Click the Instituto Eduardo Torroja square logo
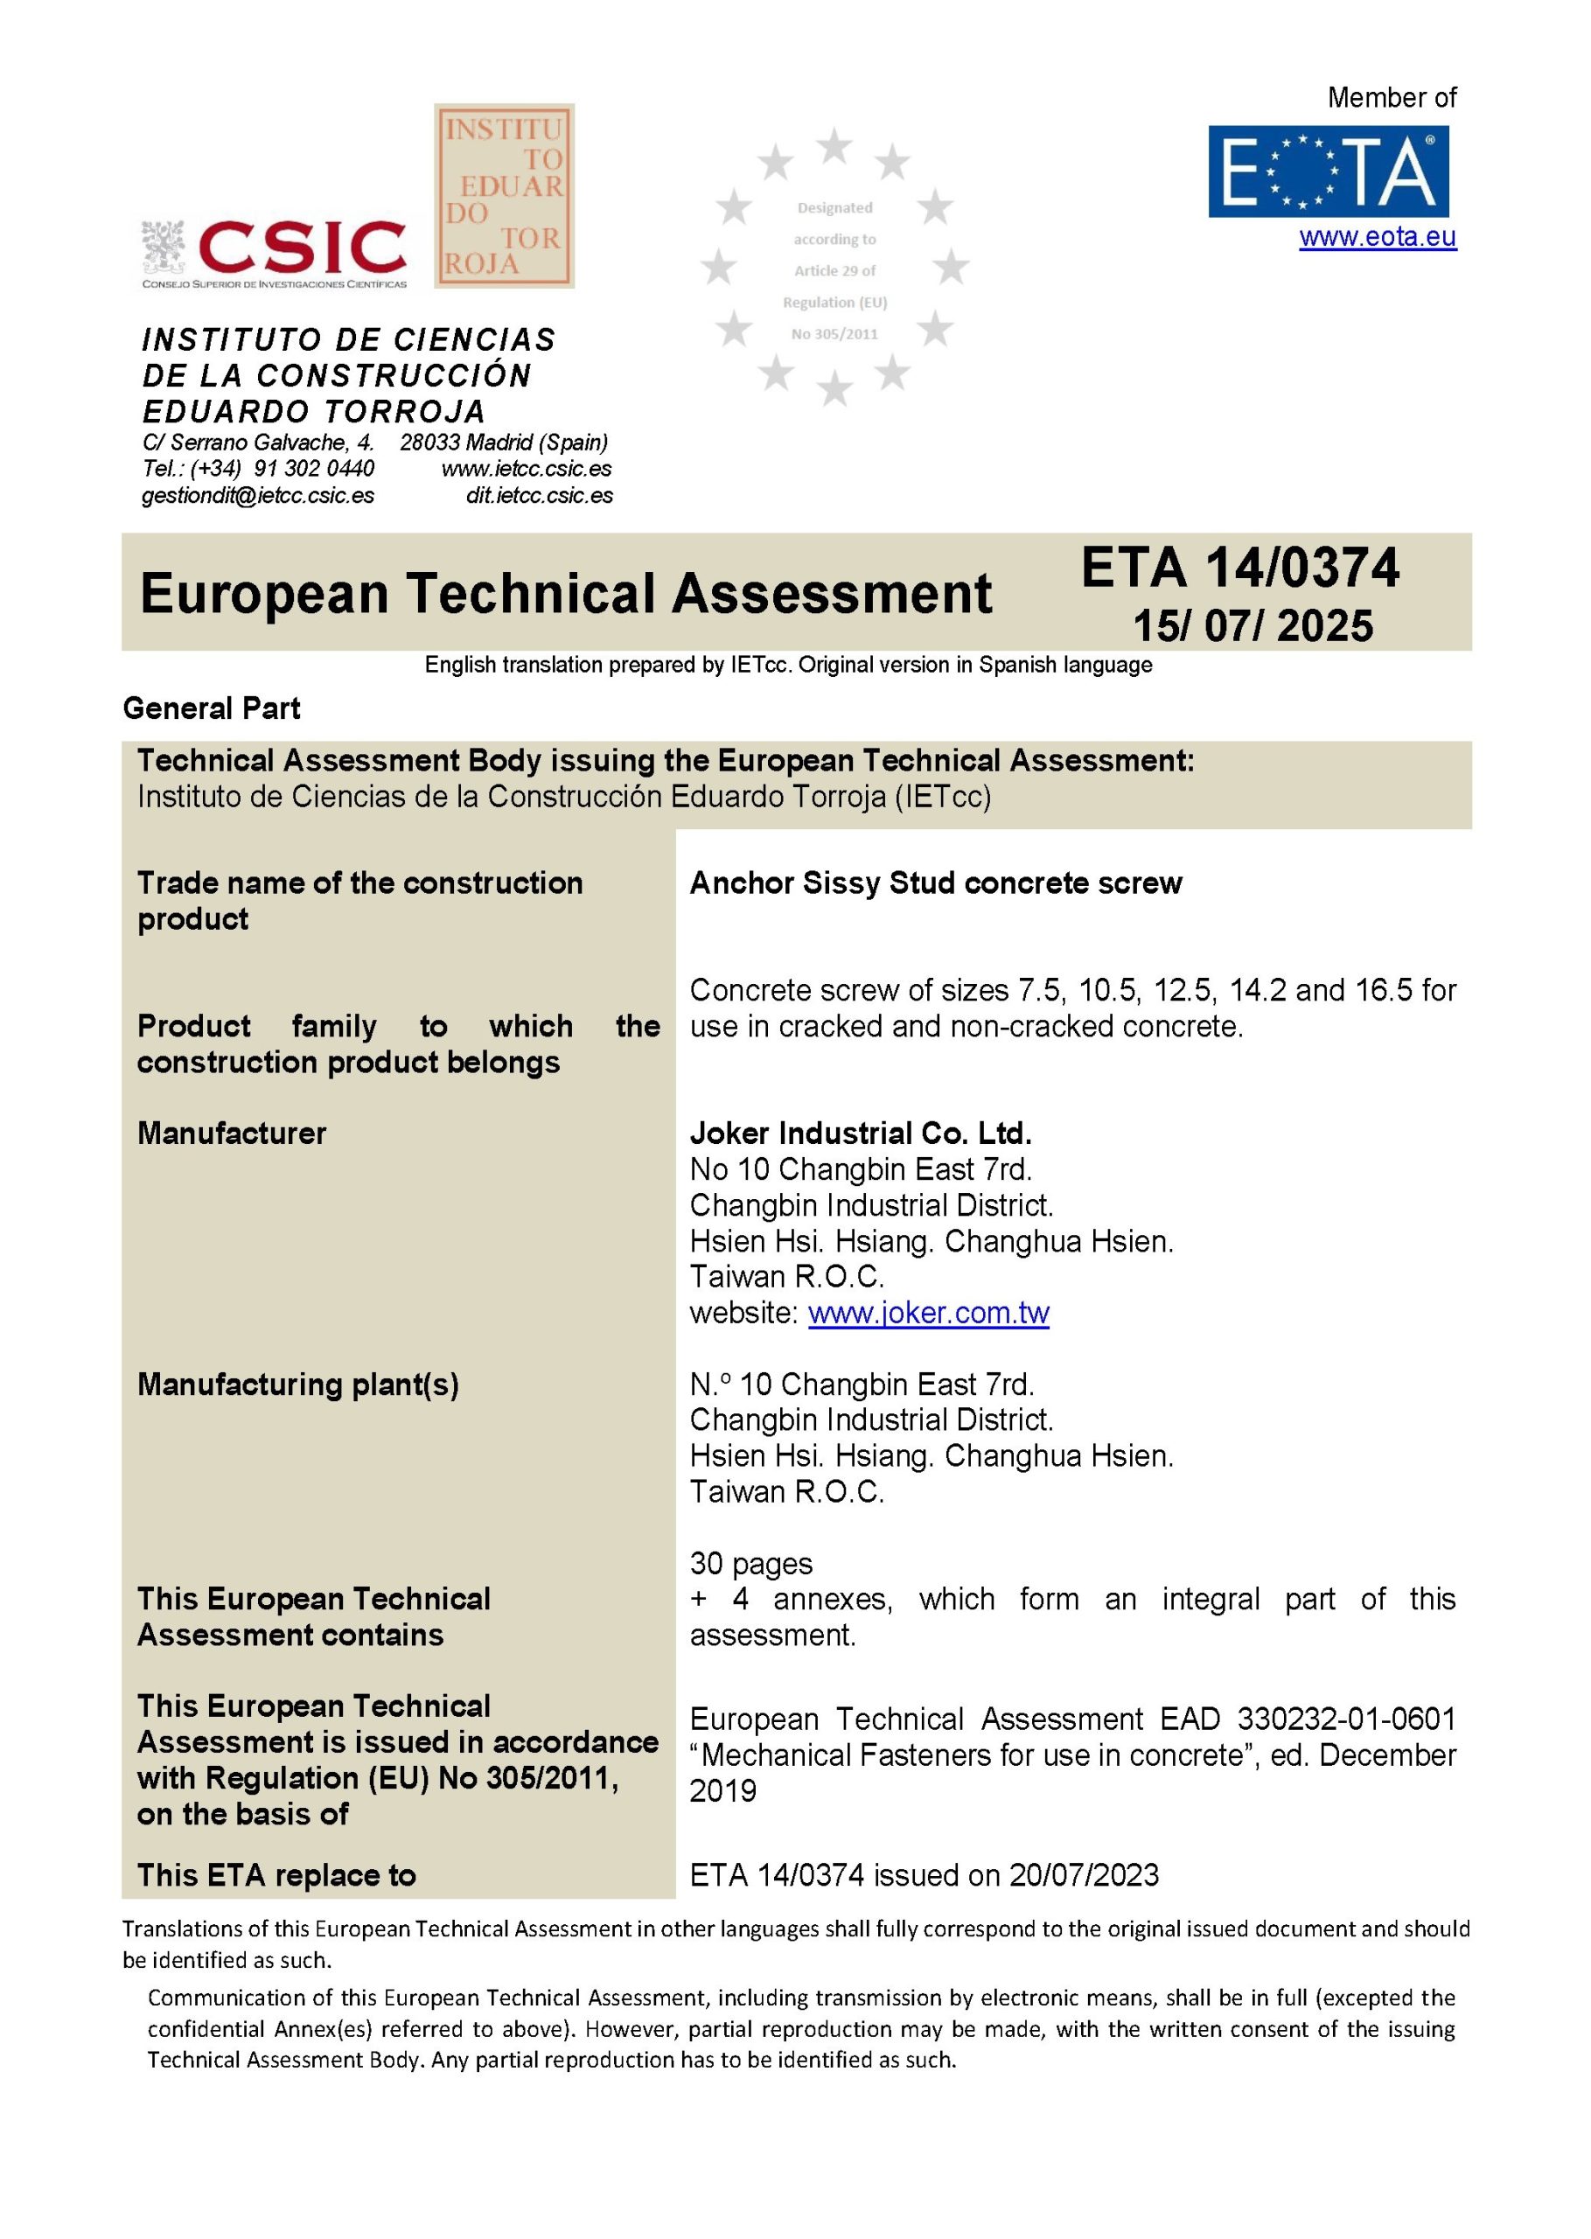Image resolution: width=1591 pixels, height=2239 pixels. tap(505, 196)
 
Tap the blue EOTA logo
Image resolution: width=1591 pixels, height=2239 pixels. tap(1328, 171)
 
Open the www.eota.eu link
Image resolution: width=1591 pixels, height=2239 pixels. tap(1378, 237)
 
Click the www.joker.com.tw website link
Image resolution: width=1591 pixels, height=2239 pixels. tap(928, 1313)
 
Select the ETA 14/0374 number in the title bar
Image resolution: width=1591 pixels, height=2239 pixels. tap(1240, 568)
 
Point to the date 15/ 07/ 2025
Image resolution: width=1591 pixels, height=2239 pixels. tap(1253, 626)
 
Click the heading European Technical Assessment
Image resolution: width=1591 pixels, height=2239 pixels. tap(565, 594)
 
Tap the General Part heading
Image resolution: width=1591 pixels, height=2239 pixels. tap(212, 708)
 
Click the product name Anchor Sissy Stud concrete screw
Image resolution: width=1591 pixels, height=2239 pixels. tap(936, 882)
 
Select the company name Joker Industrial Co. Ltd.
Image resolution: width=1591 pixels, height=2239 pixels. tap(860, 1133)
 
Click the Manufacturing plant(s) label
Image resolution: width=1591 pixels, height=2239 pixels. tap(298, 1384)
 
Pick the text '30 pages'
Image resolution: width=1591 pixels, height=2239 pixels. tap(750, 1563)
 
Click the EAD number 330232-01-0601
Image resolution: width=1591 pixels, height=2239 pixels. tap(1346, 1718)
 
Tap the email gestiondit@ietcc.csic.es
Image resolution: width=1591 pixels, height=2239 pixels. tap(258, 496)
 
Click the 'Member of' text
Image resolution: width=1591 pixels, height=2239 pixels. tap(1392, 98)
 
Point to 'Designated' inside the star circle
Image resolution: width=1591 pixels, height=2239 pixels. tap(834, 207)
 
